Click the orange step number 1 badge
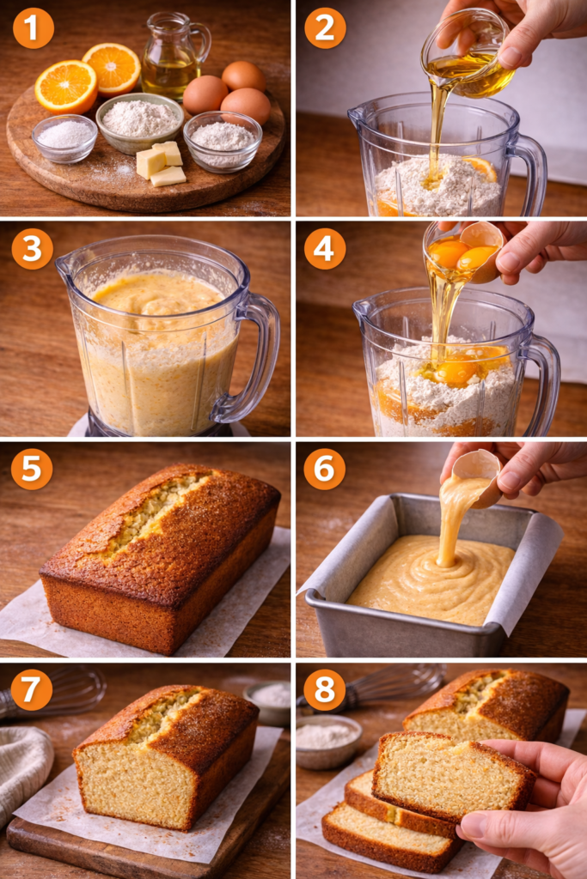click(34, 28)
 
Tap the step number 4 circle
click(325, 248)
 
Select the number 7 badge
click(32, 689)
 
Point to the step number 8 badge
click(325, 689)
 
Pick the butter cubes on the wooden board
click(161, 163)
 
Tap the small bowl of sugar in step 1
click(64, 138)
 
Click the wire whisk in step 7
click(53, 693)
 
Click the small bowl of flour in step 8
click(328, 740)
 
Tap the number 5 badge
click(32, 469)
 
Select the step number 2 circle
click(325, 28)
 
